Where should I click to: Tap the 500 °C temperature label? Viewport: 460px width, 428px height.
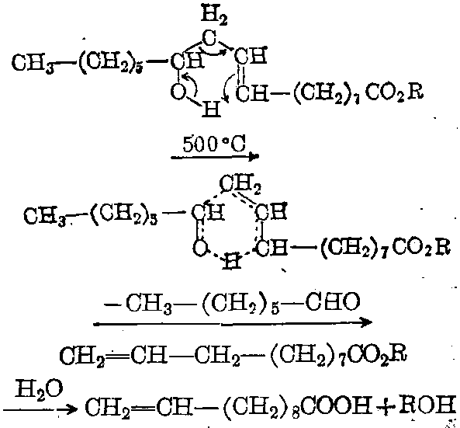pos(214,144)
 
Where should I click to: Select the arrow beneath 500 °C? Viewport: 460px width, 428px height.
pos(215,157)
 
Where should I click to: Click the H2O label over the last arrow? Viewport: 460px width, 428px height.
pos(39,388)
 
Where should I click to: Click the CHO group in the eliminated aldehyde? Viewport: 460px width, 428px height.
pos(334,301)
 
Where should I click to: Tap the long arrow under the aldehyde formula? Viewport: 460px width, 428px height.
pos(233,323)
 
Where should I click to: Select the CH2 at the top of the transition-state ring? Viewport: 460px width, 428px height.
pos(240,183)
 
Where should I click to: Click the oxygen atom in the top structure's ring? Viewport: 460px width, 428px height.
pos(178,92)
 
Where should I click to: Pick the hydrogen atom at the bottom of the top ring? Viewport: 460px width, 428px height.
pos(211,109)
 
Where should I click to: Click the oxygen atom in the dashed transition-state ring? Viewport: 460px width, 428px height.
pos(201,248)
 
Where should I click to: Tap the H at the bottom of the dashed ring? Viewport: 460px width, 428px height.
pos(232,261)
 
